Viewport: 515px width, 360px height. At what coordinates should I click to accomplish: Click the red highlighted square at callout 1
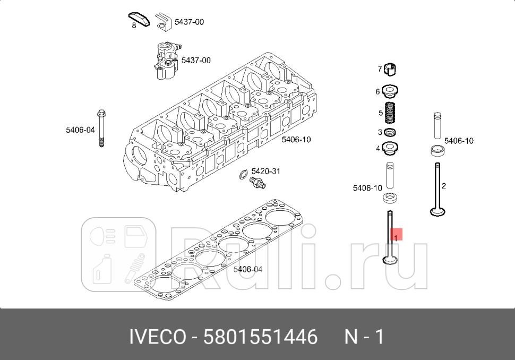click(397, 235)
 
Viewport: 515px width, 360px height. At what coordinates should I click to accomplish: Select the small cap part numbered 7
click(392, 69)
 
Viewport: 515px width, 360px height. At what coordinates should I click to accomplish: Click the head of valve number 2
click(437, 212)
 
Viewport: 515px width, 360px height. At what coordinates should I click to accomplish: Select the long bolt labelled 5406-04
click(101, 130)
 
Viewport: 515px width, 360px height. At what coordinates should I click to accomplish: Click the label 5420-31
click(265, 171)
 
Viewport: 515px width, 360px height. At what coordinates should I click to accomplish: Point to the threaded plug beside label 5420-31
click(258, 184)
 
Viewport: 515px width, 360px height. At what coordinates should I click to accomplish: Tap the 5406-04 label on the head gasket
click(248, 269)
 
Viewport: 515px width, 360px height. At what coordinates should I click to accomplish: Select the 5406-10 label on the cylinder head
click(296, 140)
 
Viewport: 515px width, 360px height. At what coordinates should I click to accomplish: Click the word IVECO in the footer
click(158, 337)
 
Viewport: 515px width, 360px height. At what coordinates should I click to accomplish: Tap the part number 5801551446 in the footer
click(261, 337)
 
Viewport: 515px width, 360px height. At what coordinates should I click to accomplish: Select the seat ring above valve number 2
click(437, 151)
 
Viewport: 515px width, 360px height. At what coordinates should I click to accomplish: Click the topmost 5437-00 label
click(189, 22)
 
